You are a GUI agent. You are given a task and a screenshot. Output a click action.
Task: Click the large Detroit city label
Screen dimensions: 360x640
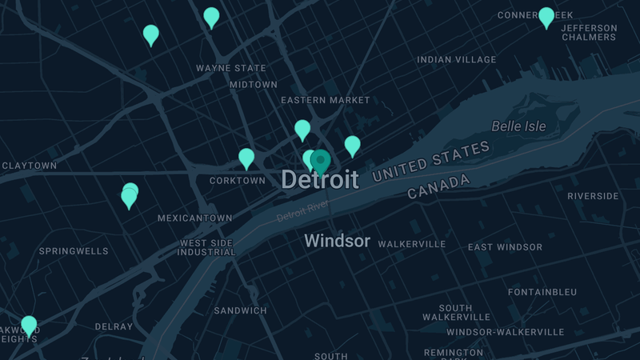point(319,180)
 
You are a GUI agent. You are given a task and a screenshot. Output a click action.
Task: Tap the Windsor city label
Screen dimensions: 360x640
point(337,241)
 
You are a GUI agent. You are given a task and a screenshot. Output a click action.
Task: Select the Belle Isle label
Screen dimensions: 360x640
point(518,126)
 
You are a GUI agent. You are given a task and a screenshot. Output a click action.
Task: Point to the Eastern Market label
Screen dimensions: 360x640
point(326,100)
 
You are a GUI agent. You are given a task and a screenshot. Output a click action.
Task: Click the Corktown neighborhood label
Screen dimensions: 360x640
point(237,181)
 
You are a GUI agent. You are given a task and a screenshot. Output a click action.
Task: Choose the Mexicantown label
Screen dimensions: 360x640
point(194,218)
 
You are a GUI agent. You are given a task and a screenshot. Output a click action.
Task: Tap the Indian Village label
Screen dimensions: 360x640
point(456,59)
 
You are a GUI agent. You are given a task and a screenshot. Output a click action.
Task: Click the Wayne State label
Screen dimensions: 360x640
point(231,69)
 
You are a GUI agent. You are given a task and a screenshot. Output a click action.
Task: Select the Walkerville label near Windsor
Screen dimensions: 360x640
point(411,244)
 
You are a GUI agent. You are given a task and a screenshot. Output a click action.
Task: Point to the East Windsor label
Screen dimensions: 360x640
point(505,247)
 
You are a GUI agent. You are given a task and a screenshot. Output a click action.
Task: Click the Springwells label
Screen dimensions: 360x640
point(74,251)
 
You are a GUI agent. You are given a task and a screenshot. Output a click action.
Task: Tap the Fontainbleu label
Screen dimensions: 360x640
point(542,292)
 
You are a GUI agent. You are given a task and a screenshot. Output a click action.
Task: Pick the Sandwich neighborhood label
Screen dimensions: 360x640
point(240,310)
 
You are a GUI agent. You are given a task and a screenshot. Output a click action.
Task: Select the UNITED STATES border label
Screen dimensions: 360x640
point(430,162)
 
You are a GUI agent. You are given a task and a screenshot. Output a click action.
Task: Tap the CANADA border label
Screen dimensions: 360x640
point(438,187)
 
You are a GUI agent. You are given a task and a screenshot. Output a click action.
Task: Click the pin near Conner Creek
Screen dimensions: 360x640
point(546,17)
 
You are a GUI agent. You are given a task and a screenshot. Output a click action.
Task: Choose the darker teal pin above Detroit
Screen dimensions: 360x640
point(321,161)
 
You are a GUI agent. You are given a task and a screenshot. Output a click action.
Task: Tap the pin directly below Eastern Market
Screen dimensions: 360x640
point(302,129)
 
